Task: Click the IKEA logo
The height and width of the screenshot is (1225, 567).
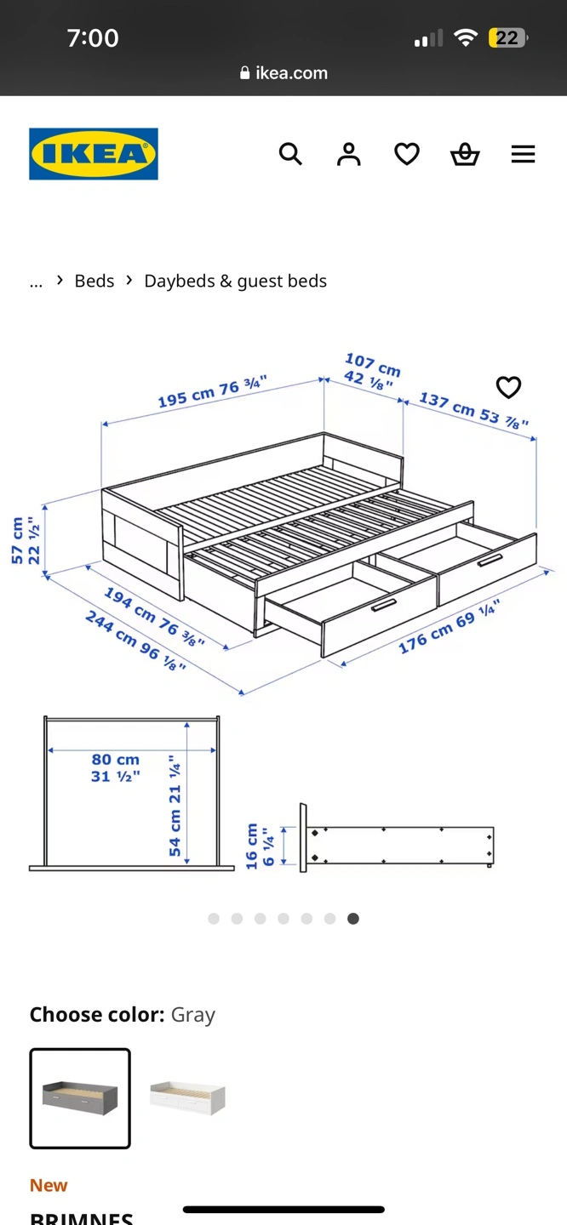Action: tap(94, 154)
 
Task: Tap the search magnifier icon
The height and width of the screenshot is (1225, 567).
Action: tap(290, 154)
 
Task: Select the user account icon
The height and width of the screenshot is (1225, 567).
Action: tap(349, 154)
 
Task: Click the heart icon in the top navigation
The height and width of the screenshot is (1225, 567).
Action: tap(407, 154)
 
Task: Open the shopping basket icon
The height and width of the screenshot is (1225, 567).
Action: tap(465, 154)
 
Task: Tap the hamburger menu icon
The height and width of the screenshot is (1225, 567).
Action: tap(523, 154)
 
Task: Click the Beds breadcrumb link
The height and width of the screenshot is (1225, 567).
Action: tap(94, 281)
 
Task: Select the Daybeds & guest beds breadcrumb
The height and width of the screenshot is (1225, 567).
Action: tap(235, 281)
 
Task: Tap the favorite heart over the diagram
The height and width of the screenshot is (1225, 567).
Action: tap(508, 387)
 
